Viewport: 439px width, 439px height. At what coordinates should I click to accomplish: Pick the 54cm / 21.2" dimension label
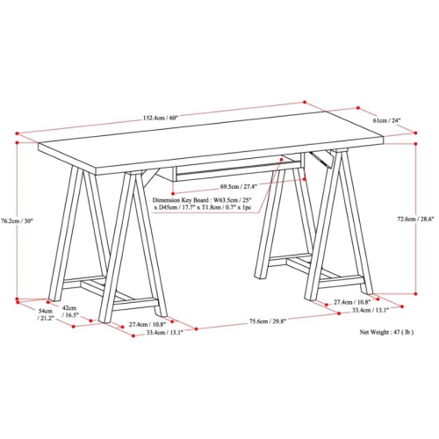point(45,314)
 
